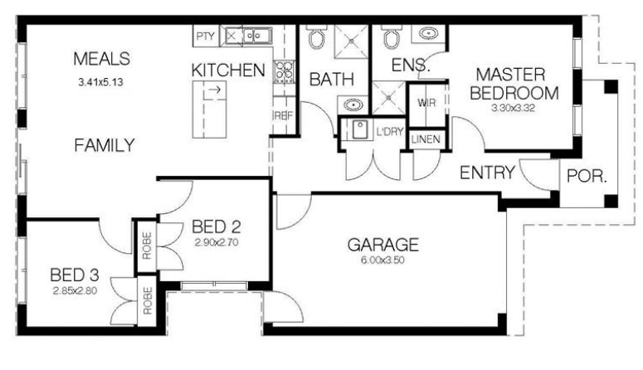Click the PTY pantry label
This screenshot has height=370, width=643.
205,37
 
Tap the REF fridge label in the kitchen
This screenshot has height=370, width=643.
284,116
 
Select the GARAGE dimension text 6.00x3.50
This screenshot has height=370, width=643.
382,260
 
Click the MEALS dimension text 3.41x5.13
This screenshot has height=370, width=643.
101,82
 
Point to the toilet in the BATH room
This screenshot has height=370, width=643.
317,37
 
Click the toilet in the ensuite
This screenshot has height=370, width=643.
392,37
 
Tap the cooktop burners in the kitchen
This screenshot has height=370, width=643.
285,71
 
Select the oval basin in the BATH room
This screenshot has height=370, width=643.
353,105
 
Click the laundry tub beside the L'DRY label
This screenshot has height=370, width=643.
359,129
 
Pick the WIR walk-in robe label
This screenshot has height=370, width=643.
426,103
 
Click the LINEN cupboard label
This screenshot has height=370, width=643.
426,139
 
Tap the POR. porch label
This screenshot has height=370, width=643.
587,177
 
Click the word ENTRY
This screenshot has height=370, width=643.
487,173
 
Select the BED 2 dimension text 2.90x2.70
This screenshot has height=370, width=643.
216,242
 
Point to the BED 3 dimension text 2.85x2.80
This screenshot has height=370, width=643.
75,291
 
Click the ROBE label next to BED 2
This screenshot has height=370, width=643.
147,246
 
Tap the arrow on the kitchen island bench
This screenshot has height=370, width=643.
216,89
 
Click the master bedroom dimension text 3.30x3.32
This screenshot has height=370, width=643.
514,109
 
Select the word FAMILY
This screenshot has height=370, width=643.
105,145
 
